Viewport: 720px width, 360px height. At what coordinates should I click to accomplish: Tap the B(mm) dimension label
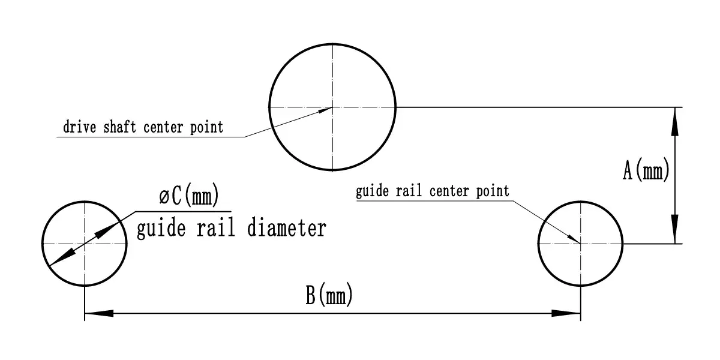point(329,294)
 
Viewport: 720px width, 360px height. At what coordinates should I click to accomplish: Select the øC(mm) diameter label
point(189,194)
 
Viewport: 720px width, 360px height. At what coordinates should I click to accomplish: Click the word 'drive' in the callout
point(80,127)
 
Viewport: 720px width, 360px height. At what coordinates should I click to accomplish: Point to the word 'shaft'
point(119,127)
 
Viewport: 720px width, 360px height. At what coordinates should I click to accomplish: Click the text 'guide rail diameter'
point(232,228)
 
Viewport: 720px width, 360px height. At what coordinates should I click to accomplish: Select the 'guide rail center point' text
point(433,191)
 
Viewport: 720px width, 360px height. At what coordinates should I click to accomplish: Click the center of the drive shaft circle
point(332,107)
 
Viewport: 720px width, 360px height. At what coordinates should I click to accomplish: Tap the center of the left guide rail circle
point(85,244)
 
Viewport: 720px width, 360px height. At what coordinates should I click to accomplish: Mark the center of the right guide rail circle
point(581,244)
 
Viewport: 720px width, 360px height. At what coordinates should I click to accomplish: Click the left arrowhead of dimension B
point(99,313)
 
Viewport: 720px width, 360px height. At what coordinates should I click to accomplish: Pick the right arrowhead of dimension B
point(566,313)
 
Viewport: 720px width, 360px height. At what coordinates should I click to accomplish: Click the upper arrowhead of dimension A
point(675,121)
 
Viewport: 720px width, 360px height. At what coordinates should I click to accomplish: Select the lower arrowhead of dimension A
point(675,229)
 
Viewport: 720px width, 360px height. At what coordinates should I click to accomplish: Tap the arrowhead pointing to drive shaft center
point(325,110)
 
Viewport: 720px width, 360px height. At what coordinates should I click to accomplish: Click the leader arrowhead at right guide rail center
point(574,239)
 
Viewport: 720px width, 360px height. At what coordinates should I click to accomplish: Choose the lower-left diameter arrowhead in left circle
point(62,257)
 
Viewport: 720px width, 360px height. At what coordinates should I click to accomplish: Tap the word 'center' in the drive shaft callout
point(163,128)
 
